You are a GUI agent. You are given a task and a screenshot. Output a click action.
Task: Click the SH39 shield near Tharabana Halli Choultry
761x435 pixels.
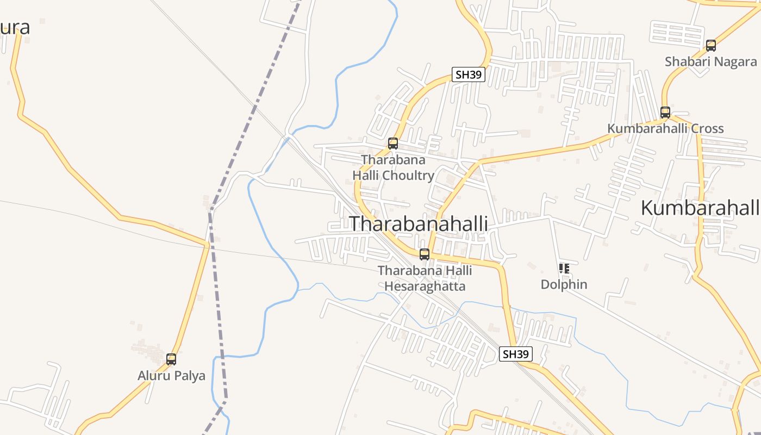(469, 74)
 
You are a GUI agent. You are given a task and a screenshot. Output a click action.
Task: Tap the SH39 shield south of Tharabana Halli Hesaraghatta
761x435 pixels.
(515, 354)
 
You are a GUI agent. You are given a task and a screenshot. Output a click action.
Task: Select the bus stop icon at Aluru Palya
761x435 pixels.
(171, 359)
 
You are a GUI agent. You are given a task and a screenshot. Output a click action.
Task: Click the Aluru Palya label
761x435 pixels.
(171, 375)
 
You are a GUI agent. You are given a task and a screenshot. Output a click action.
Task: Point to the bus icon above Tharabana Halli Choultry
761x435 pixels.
(393, 144)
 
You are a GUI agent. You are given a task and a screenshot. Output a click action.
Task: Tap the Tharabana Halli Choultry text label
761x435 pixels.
(393, 167)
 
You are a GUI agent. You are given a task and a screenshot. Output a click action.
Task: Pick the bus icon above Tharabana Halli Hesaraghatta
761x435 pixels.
(425, 254)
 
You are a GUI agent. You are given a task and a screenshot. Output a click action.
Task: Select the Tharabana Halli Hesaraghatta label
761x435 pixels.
(425, 278)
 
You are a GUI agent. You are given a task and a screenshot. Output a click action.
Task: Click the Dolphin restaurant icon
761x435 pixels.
(564, 268)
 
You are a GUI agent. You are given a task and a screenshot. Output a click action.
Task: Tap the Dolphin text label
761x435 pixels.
(564, 284)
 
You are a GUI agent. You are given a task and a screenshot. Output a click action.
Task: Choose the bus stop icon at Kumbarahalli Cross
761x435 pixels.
(665, 113)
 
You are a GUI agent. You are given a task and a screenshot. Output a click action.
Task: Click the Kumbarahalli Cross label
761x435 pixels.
(665, 128)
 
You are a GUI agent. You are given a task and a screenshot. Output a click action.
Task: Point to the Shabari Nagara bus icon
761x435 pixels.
(711, 46)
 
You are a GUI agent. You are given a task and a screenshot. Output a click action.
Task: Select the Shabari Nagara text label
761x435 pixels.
(711, 61)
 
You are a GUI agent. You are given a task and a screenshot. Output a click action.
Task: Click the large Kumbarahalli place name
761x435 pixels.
(700, 207)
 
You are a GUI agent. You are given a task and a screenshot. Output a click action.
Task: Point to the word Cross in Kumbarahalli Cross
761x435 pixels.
(705, 128)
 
